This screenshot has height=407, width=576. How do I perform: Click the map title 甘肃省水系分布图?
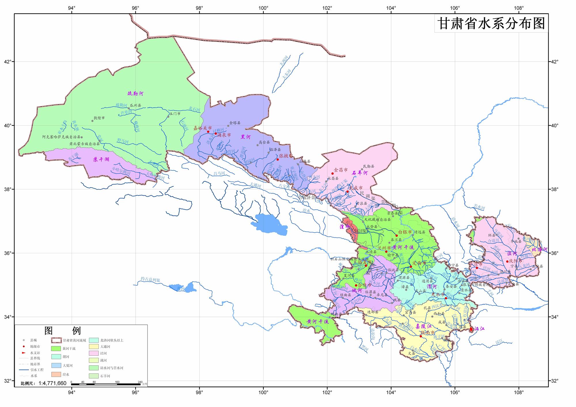491,23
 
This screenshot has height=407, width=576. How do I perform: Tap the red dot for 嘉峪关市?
208,132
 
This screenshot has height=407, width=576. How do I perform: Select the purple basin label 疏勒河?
135,94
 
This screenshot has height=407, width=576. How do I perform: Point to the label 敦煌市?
99,118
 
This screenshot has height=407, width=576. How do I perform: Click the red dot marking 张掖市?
278,159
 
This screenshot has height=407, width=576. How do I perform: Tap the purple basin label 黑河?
246,137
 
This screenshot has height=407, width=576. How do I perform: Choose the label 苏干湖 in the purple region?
101,159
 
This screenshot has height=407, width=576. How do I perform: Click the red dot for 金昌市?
332,173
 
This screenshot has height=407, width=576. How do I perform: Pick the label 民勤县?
369,166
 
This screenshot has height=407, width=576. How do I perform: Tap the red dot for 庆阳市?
507,261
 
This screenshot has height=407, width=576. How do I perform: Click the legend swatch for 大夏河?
56,366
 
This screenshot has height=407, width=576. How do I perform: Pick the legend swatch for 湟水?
56,374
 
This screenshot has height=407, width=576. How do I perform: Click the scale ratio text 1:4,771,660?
52,383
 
